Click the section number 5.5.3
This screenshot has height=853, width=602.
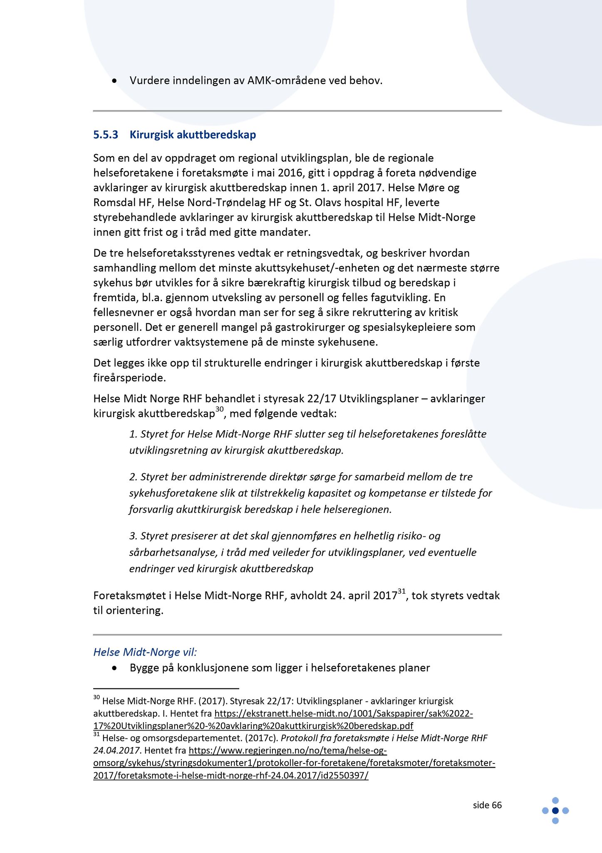[106, 135]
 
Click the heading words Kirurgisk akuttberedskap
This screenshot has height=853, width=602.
[193, 135]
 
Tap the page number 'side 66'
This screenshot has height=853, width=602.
[487, 805]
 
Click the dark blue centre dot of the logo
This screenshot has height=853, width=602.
[555, 811]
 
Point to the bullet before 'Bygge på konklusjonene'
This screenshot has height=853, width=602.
[114, 668]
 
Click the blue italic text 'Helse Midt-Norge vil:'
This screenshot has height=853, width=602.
[145, 652]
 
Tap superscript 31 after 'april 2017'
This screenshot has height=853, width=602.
[401, 591]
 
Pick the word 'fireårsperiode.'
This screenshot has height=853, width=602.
[129, 378]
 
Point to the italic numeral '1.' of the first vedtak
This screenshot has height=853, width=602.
[133, 434]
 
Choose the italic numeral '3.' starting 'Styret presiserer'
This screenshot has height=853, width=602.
[133, 536]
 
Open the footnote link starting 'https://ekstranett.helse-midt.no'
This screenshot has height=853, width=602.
[344, 713]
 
